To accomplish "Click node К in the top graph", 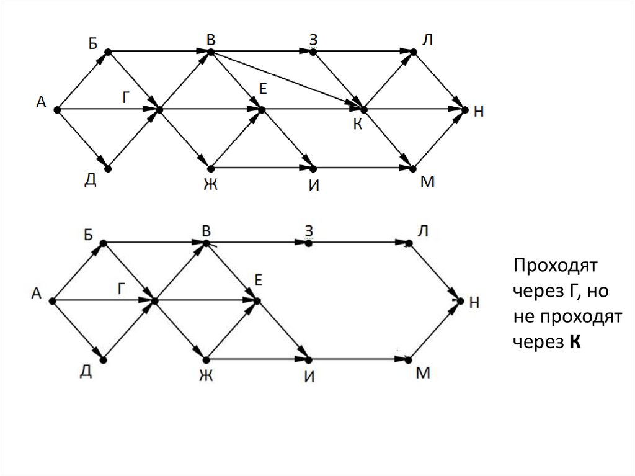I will coord(363,110).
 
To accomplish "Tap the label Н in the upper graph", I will coord(479,112).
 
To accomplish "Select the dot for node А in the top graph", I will coord(56,110).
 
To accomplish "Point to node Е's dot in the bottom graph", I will coord(257,301).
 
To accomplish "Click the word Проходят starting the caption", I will coord(554,266).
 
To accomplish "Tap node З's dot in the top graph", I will coord(313,52).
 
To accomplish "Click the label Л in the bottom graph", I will coord(422,231).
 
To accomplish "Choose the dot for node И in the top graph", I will coord(313,169).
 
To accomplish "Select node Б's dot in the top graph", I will coord(108,52).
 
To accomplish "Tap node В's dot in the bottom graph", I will coord(206,243).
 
